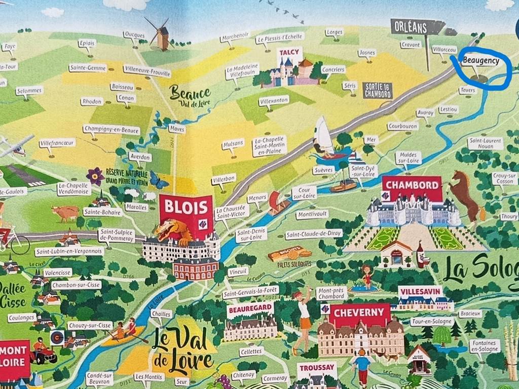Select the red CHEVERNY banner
(x=359, y=313)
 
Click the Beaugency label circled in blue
(x=480, y=61)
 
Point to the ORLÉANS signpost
(x=417, y=27)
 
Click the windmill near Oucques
(x=161, y=34)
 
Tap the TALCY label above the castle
(x=289, y=52)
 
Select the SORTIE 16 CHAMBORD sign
(x=377, y=90)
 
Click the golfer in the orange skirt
(x=305, y=319)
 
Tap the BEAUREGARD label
(x=250, y=308)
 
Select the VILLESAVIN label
(x=420, y=292)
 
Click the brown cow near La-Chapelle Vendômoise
(x=66, y=213)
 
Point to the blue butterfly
(x=159, y=181)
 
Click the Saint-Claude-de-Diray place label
(x=314, y=235)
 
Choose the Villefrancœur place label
(x=57, y=143)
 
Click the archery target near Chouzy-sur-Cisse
(x=57, y=336)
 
